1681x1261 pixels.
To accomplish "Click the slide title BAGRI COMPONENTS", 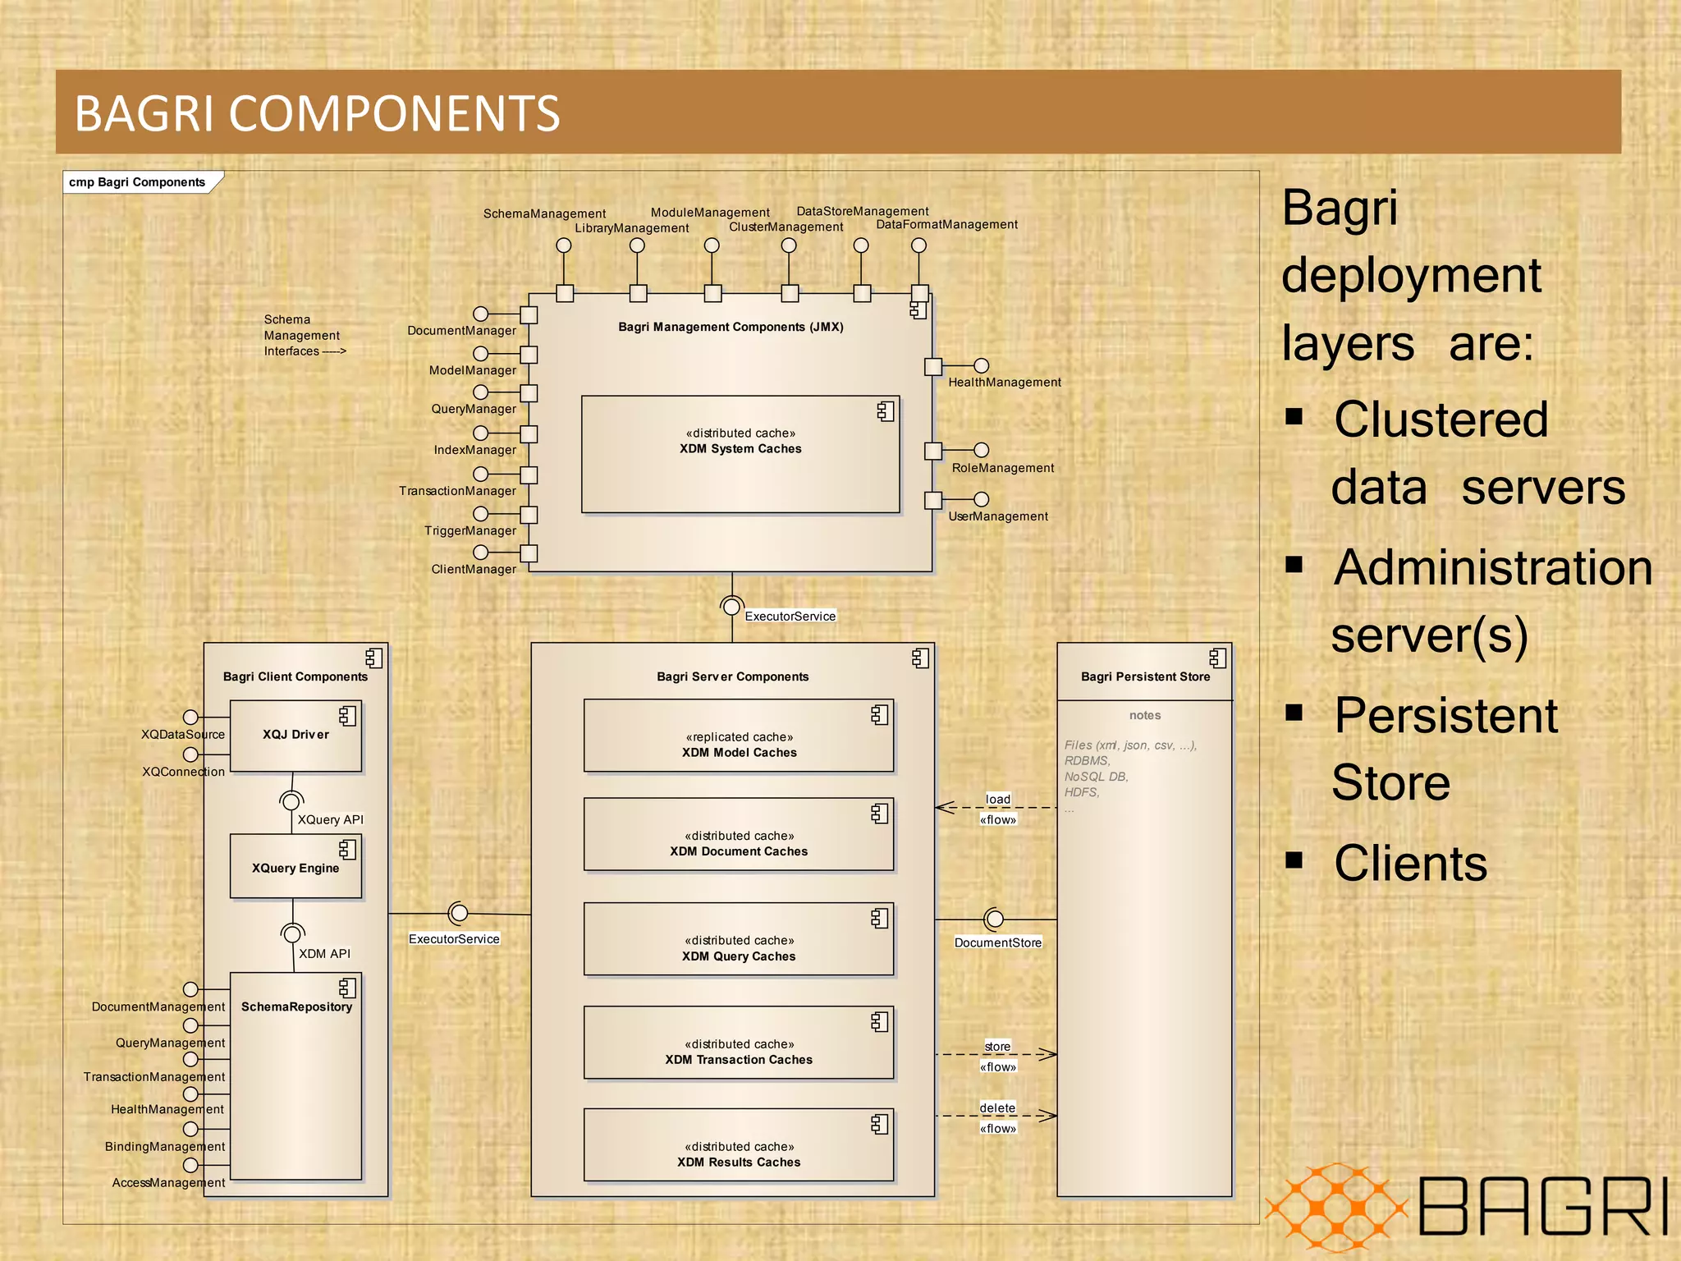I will click(x=317, y=113).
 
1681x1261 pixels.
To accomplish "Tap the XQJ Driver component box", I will click(x=295, y=736).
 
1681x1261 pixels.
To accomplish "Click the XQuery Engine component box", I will click(x=295, y=867).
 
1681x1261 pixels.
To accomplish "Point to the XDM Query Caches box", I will click(x=738, y=939).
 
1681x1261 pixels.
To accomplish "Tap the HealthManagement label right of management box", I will click(x=1004, y=383).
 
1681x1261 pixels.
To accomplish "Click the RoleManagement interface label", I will click(x=1002, y=468).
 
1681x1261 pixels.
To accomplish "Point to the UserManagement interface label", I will click(x=997, y=516).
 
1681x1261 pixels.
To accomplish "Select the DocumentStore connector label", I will click(x=997, y=942).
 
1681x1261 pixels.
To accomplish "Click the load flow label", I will click(x=997, y=800).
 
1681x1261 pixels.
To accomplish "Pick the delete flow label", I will click(x=997, y=1108).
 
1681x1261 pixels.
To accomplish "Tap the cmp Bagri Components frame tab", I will click(x=137, y=182).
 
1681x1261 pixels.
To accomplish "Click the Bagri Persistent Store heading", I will click(x=1144, y=676).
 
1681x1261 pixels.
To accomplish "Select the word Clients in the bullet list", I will click(x=1409, y=864).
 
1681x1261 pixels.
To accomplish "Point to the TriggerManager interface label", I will click(x=469, y=531).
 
